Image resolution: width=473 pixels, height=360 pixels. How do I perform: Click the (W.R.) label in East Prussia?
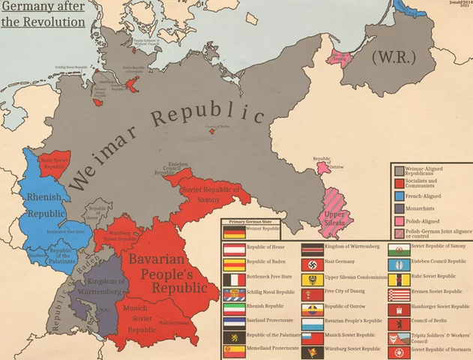pyautogui.click(x=392, y=57)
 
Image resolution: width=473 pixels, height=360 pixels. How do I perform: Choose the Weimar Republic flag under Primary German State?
pyautogui.click(x=235, y=232)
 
